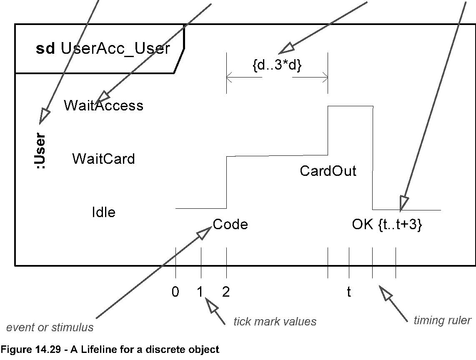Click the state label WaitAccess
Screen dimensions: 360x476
click(x=103, y=105)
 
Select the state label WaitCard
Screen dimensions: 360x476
click(x=103, y=159)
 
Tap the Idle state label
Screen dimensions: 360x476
click(x=103, y=212)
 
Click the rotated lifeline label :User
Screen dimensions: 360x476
click(x=40, y=151)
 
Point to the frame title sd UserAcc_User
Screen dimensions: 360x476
click(x=103, y=49)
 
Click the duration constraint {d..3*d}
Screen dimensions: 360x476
click(x=277, y=65)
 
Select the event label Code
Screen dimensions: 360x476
click(x=230, y=225)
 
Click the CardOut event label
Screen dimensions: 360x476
click(x=328, y=171)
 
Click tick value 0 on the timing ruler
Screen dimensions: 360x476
click(x=175, y=292)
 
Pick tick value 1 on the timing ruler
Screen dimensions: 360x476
click(x=200, y=292)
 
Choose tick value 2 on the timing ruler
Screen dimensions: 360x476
click(x=226, y=292)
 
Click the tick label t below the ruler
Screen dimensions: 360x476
click(x=349, y=292)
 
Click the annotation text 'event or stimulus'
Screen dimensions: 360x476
click(x=50, y=327)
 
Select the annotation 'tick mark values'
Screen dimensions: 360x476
click(x=275, y=321)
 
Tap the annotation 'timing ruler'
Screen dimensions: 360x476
click(x=442, y=320)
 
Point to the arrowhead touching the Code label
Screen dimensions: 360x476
click(x=204, y=232)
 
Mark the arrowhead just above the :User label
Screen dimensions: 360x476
click(x=44, y=116)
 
